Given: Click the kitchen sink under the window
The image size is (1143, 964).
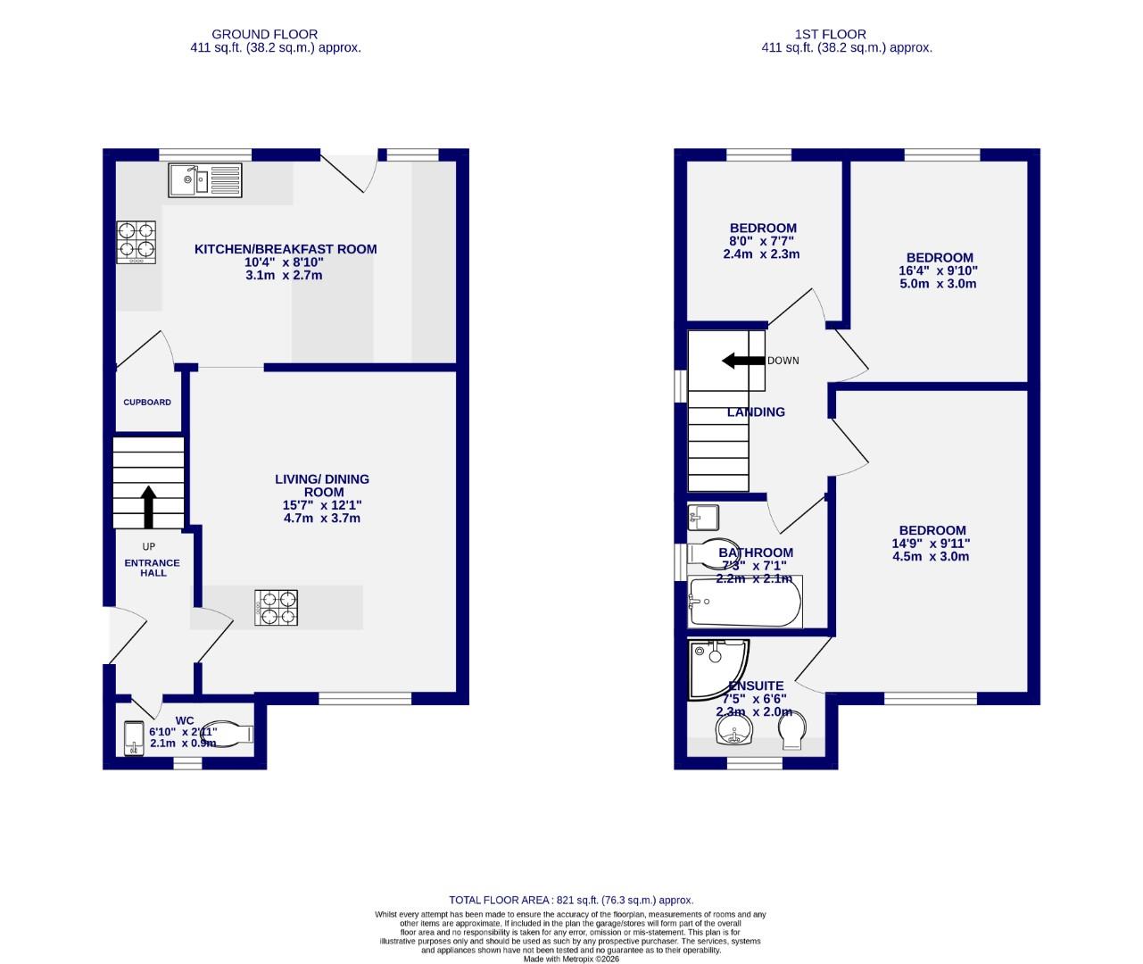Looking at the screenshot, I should click(204, 180).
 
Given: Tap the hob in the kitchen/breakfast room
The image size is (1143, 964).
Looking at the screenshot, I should click(136, 242).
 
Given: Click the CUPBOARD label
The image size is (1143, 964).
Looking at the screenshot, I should click(147, 403).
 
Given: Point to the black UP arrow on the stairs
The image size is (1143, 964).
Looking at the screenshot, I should click(148, 507).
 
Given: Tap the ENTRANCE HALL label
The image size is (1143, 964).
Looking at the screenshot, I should click(152, 568).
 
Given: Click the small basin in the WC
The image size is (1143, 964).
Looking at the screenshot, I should click(134, 737).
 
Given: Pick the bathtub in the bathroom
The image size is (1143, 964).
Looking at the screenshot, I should click(745, 602).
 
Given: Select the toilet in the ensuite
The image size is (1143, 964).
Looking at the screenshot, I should click(792, 731).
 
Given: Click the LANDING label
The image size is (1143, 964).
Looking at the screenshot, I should click(756, 412).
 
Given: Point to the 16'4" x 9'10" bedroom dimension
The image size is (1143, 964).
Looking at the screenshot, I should click(936, 271).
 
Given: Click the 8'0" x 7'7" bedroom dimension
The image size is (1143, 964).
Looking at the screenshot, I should click(761, 241).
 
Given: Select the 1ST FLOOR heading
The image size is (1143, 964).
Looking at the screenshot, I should click(830, 35).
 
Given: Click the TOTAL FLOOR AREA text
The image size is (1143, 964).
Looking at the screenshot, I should click(571, 901).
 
